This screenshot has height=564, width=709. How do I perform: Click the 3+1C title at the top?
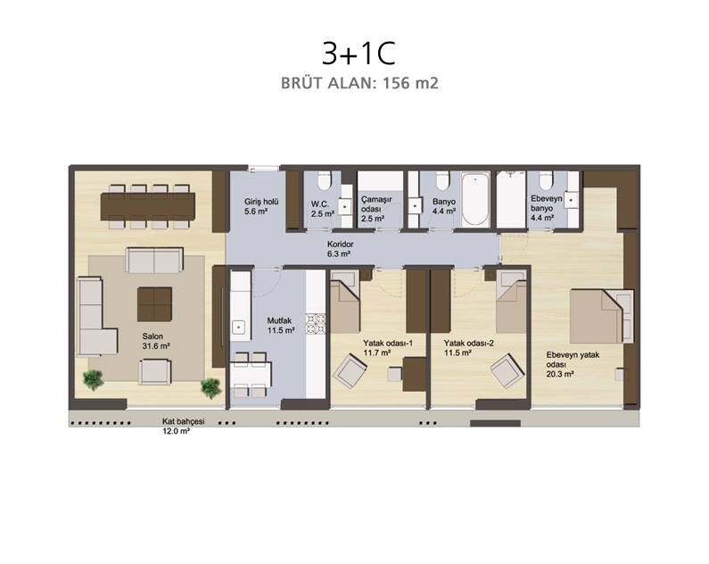(359, 54)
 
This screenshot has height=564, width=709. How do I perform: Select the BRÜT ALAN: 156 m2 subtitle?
(359, 83)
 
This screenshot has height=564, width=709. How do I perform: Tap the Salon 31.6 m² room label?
(156, 341)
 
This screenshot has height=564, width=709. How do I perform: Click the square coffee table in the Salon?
(154, 304)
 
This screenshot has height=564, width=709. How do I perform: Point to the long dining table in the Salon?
(148, 206)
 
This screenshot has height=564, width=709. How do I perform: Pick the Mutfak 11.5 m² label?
(281, 326)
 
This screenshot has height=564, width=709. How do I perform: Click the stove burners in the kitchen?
(316, 323)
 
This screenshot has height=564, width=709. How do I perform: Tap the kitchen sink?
(238, 327)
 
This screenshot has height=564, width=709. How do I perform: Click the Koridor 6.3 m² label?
(340, 249)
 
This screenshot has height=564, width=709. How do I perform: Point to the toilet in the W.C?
(325, 181)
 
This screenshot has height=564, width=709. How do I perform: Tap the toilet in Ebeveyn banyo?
(546, 181)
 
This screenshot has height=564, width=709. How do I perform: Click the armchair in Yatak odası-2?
(507, 371)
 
